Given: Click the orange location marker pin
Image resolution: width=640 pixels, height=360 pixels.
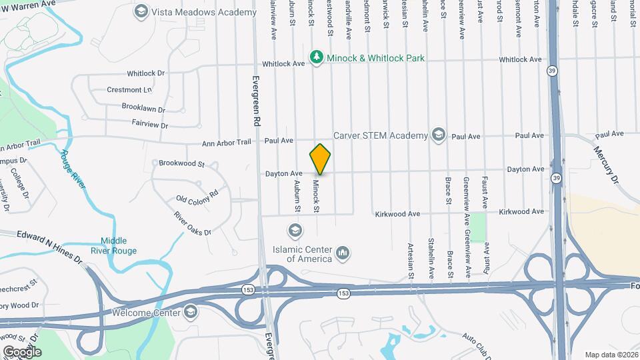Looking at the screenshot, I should pyautogui.click(x=320, y=159).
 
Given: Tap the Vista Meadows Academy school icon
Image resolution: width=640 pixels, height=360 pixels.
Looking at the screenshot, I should pyautogui.click(x=141, y=11).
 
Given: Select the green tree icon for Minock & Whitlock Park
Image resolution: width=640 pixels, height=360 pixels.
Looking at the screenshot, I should pyautogui.click(x=317, y=58).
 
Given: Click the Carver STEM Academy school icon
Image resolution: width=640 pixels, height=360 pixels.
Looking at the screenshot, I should pyautogui.click(x=438, y=135).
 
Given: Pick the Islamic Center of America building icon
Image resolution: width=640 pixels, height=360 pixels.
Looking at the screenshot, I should pyautogui.click(x=343, y=252).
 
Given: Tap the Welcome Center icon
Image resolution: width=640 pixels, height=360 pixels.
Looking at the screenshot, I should pyautogui.click(x=191, y=312).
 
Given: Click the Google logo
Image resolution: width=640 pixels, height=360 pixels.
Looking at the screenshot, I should pyautogui.click(x=22, y=351).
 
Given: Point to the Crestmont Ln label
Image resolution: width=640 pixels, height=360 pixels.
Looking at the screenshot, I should pyautogui.click(x=129, y=89).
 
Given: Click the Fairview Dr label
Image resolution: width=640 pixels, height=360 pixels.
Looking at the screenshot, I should pyautogui.click(x=150, y=124).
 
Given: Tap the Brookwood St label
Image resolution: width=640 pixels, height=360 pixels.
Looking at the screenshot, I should pyautogui.click(x=181, y=163).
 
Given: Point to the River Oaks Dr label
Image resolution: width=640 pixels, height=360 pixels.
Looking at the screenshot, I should pyautogui.click(x=192, y=223).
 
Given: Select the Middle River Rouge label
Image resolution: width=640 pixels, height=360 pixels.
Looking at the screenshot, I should pyautogui.click(x=119, y=246).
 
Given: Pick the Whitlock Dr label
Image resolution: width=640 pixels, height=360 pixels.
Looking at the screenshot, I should pyautogui.click(x=145, y=72).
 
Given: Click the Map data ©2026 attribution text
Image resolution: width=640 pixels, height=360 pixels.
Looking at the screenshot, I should pyautogui.click(x=611, y=355).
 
